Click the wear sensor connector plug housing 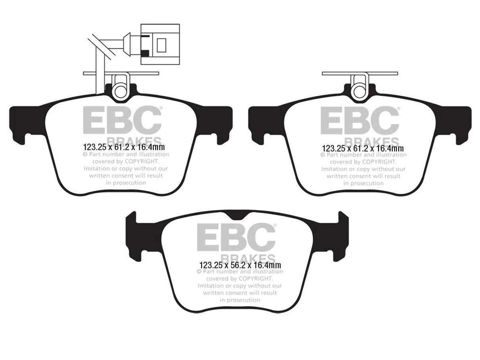click(x=160, y=44)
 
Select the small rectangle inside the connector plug click(x=161, y=45)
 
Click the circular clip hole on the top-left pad click(x=120, y=91)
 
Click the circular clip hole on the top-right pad click(x=359, y=91)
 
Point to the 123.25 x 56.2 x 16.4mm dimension click(x=240, y=265)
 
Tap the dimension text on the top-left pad click(x=124, y=147)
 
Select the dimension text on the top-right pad click(x=363, y=148)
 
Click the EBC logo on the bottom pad click(x=236, y=237)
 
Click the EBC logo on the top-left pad click(x=123, y=120)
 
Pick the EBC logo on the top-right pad click(x=360, y=120)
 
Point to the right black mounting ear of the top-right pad click(x=453, y=123)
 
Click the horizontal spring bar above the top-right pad click(x=360, y=73)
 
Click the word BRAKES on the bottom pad click(x=248, y=258)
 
